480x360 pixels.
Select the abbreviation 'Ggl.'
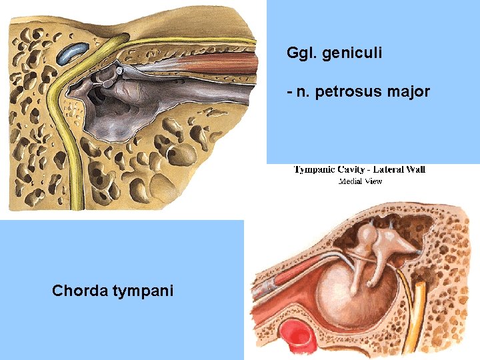[301, 53]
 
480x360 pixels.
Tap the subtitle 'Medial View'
[360, 181]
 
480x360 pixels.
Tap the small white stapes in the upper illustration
[119, 69]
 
